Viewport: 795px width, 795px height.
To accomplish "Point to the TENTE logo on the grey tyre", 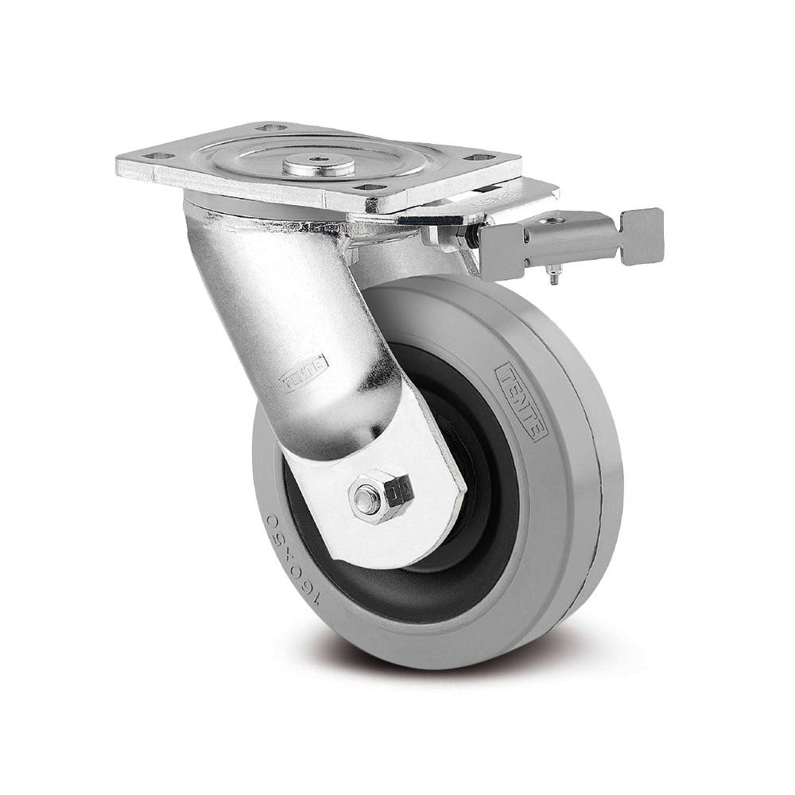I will click(x=521, y=401).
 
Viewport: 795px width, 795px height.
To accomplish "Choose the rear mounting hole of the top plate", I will click(x=273, y=126).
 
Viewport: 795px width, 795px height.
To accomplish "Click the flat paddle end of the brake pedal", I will click(x=642, y=235).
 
